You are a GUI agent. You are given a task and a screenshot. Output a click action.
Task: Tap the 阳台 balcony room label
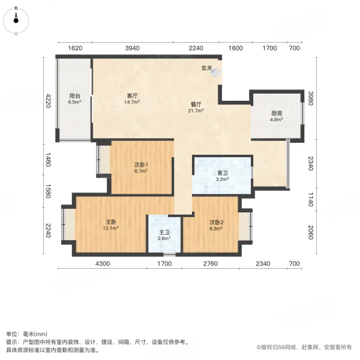coord(74,96)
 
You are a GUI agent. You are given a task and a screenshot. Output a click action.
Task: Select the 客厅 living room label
coord(133,96)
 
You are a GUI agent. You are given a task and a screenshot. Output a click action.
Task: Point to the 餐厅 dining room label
coord(196,104)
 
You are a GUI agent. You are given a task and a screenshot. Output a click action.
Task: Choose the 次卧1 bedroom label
coord(141,165)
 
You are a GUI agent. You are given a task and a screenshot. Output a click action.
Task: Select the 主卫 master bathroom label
coord(164,232)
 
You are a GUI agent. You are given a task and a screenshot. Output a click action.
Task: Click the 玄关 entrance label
coord(206,68)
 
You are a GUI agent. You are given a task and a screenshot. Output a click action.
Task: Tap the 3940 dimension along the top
coord(132,49)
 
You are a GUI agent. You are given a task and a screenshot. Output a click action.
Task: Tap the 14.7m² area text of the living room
coord(133,103)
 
